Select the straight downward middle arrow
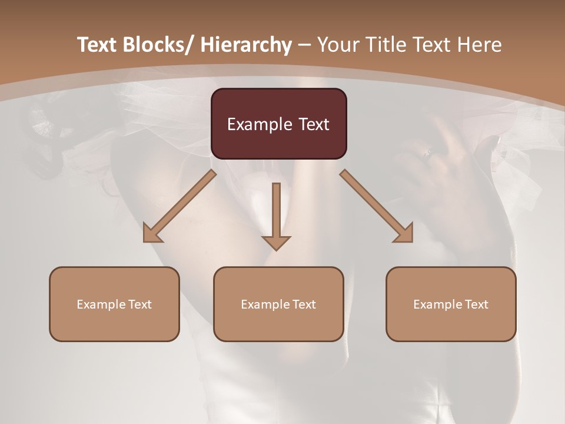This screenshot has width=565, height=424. [276, 215]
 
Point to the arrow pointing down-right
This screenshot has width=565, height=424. [377, 207]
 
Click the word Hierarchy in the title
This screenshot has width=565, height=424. [245, 45]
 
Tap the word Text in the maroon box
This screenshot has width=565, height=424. [314, 124]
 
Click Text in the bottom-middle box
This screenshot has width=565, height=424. [303, 304]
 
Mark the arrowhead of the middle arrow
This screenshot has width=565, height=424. [276, 243]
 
